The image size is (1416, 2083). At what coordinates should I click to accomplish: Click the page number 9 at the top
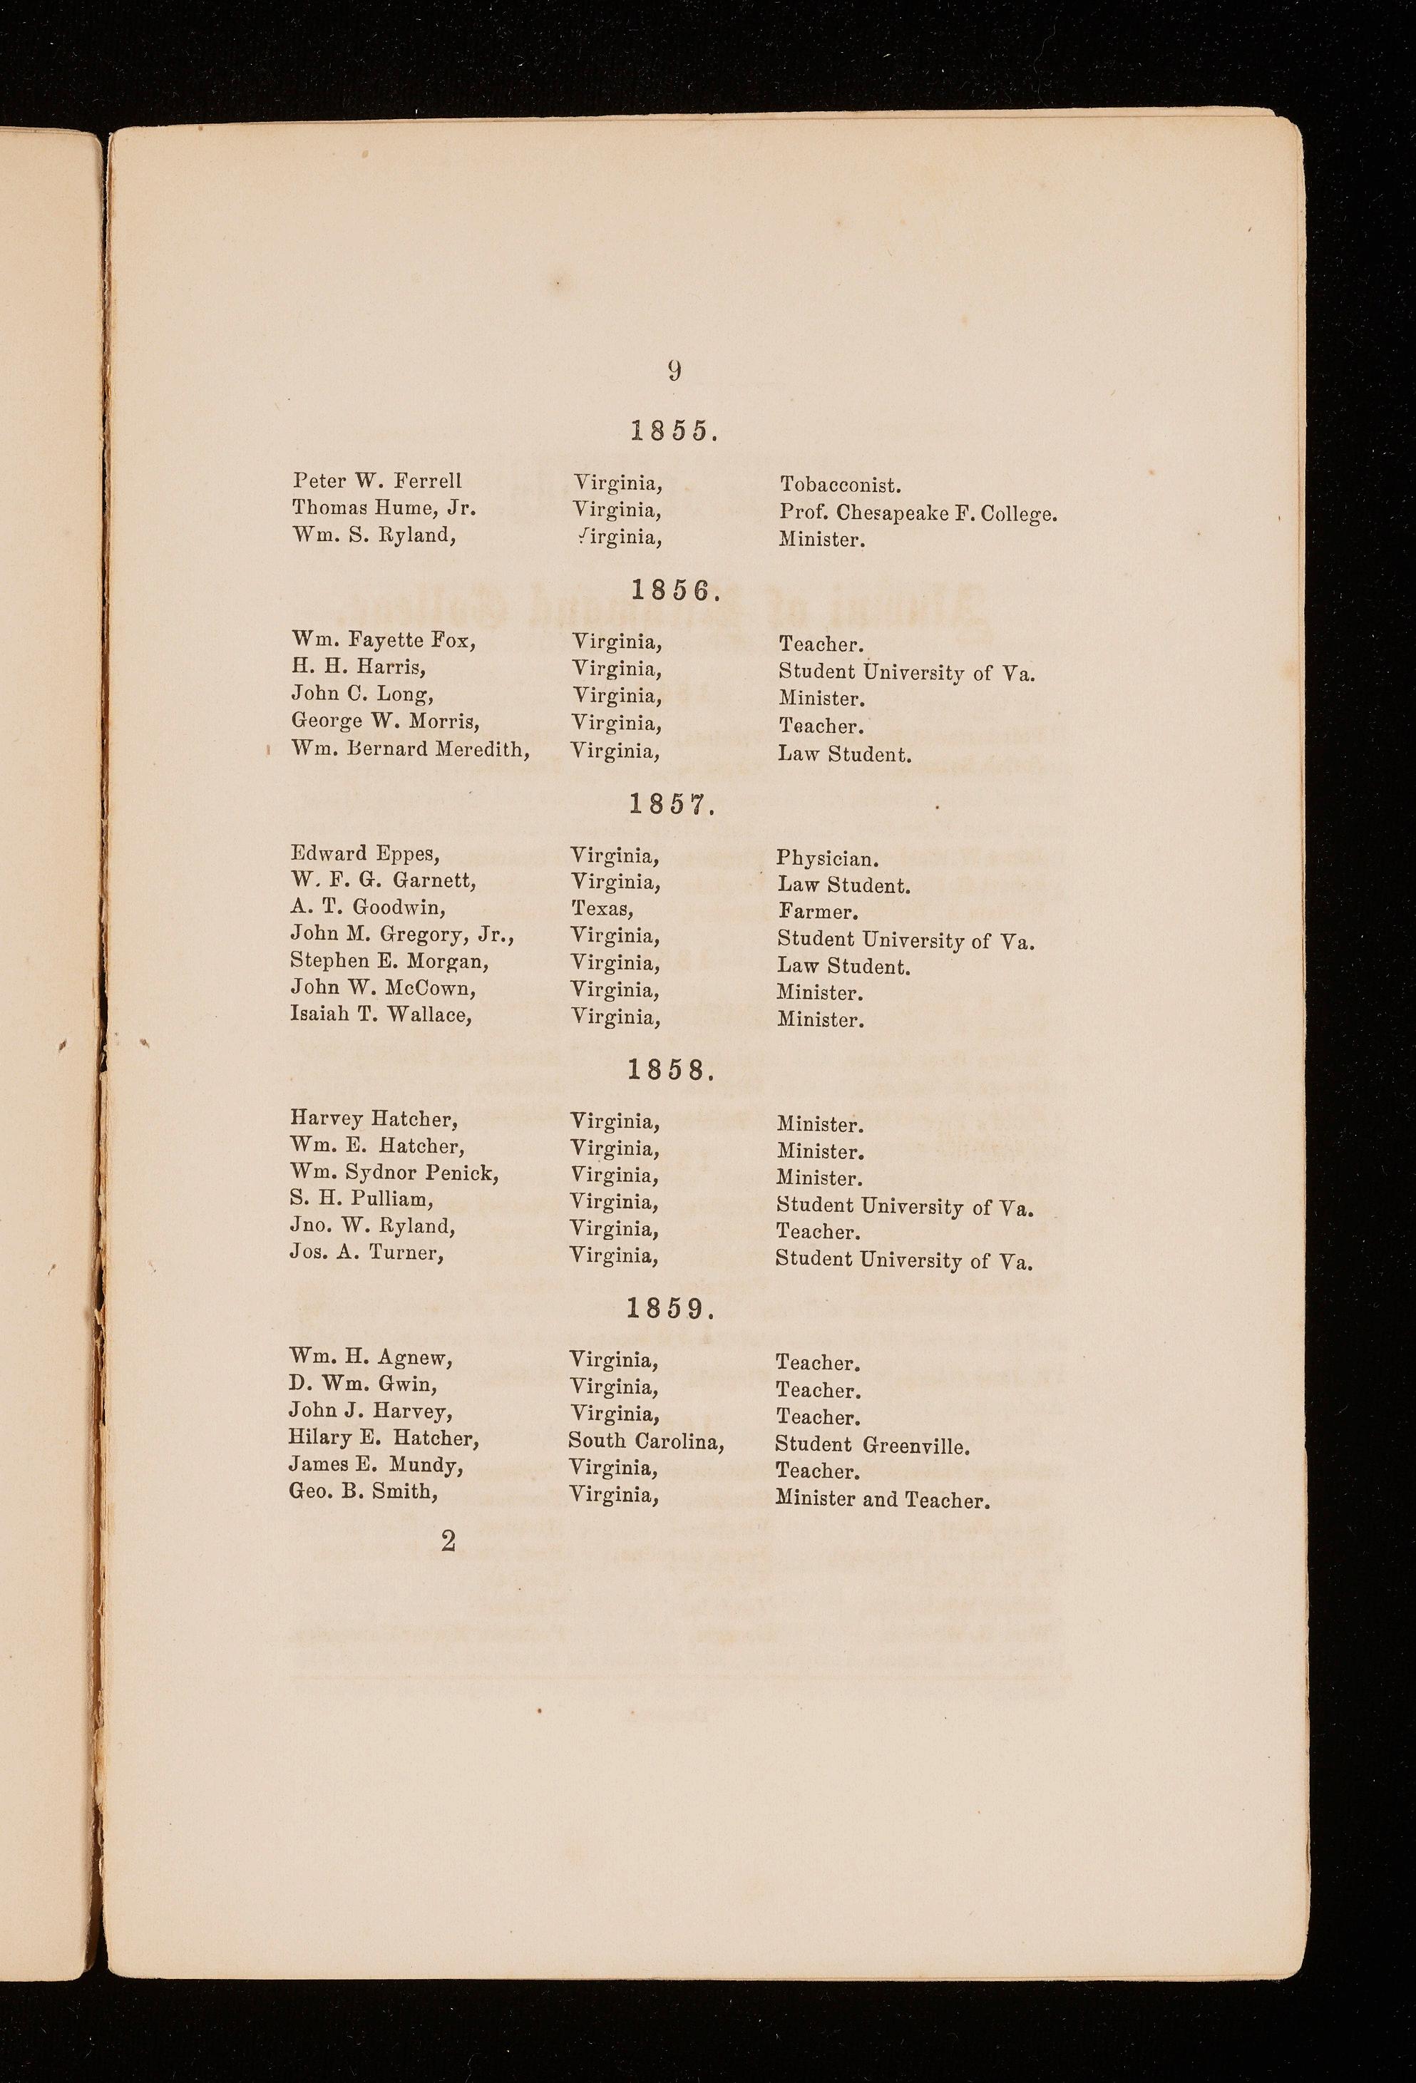point(674,370)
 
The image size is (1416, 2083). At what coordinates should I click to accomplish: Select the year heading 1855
point(673,432)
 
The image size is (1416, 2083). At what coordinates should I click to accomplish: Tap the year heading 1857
point(672,805)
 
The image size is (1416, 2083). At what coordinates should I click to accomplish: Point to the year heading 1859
point(671,1310)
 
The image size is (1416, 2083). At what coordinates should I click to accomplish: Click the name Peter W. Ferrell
point(376,481)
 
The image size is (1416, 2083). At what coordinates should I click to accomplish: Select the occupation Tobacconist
point(840,485)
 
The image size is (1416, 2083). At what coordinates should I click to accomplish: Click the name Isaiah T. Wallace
point(381,1016)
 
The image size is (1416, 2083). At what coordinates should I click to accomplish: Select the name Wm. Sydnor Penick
point(394,1173)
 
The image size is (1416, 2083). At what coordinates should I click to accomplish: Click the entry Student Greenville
point(873,1445)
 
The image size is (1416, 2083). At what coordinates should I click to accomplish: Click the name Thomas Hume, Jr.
point(383,508)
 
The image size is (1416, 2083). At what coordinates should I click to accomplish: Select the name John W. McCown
point(383,989)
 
